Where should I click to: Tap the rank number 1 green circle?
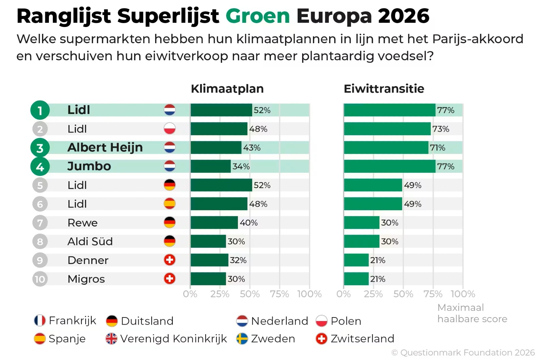(x=40, y=110)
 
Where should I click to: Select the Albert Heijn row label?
(x=105, y=148)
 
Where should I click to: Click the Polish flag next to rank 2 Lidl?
(x=169, y=129)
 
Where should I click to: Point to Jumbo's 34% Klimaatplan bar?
(x=211, y=166)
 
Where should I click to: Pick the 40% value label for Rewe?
(x=248, y=223)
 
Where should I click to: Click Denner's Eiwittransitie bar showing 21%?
(x=356, y=260)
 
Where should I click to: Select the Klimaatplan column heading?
(x=227, y=89)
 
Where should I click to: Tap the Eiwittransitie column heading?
(x=384, y=89)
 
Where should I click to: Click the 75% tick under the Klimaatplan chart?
(x=279, y=294)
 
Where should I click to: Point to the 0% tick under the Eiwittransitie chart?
(x=343, y=294)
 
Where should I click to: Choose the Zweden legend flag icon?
(x=242, y=339)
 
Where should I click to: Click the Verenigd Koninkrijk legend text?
(x=173, y=339)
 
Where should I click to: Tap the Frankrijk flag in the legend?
(x=40, y=321)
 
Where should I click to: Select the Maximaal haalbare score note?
(x=472, y=313)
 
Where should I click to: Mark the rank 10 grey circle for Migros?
(x=40, y=279)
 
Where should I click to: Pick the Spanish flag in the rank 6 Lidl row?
(x=169, y=204)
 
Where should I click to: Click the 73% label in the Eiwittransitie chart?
(x=440, y=129)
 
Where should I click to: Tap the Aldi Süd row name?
(x=90, y=241)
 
